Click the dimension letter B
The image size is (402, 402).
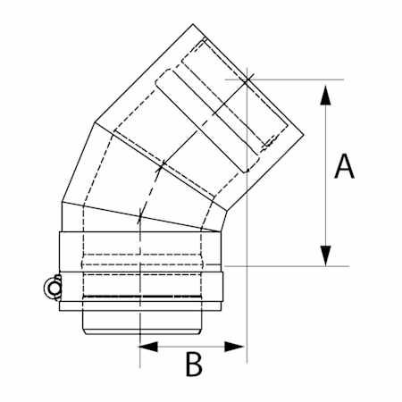pos(194,364)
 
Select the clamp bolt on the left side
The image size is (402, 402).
pos(51,287)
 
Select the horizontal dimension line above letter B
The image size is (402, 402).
pos(192,344)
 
